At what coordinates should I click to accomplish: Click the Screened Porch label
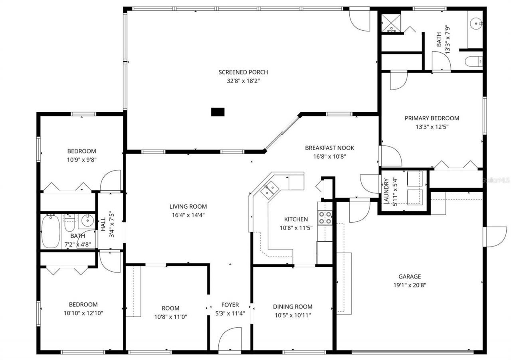[243, 72]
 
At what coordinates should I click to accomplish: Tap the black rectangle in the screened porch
[218, 112]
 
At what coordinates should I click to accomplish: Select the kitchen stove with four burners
[325, 217]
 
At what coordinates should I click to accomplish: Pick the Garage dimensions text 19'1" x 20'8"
[409, 285]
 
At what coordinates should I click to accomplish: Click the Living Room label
[188, 207]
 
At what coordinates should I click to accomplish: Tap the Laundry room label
[386, 191]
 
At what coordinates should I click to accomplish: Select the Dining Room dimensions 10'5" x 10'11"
[293, 315]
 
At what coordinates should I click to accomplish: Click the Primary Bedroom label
[432, 118]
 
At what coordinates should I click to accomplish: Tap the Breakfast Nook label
[329, 148]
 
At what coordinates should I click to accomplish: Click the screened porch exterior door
[359, 20]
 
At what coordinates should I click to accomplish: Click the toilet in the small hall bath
[69, 225]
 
